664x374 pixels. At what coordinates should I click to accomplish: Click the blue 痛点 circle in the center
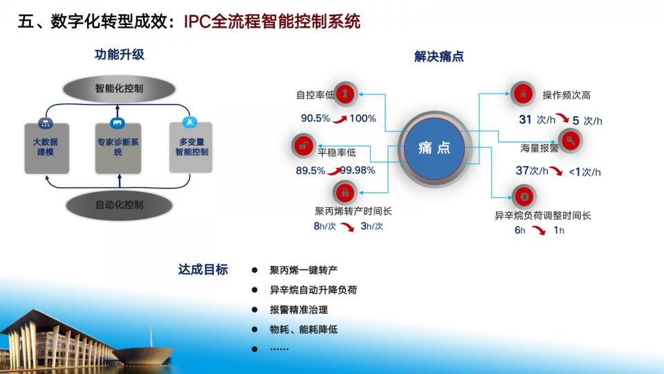[434, 148]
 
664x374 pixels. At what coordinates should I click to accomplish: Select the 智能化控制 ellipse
[119, 89]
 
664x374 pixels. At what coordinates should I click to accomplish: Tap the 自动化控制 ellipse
[119, 205]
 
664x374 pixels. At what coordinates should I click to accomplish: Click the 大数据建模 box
[46, 148]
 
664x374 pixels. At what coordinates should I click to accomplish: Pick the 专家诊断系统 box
[118, 148]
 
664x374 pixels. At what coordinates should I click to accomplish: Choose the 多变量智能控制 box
[191, 147]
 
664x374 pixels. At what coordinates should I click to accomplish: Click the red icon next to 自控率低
[345, 93]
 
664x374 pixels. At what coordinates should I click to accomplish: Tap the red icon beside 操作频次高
[523, 93]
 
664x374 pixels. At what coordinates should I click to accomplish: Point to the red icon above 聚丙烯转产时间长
[345, 193]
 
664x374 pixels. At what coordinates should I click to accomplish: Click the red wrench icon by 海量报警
[571, 141]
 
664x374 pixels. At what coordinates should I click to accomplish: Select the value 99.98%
[358, 170]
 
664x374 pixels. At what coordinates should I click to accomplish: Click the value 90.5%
[315, 118]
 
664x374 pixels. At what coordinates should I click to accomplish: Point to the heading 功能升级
[120, 55]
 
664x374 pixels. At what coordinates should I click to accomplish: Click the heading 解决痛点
[439, 56]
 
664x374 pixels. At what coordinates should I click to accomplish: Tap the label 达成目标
[203, 269]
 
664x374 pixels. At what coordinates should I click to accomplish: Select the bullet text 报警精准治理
[299, 310]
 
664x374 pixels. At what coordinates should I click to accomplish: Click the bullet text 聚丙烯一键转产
[304, 270]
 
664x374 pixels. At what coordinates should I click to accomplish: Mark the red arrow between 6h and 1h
[539, 230]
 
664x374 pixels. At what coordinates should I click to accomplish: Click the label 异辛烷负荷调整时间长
[543, 215]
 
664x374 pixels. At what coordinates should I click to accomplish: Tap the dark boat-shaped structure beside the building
[144, 355]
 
